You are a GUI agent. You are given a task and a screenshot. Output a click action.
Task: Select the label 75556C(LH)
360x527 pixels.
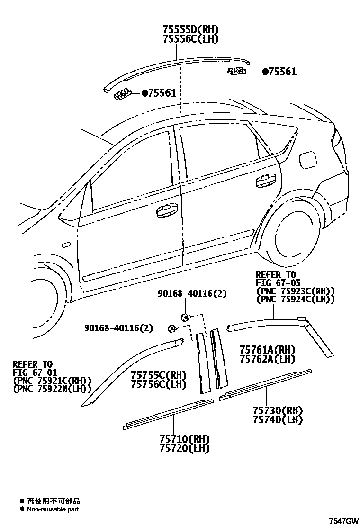pos(191,39)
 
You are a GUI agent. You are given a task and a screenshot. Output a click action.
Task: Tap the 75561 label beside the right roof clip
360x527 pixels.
pos(282,72)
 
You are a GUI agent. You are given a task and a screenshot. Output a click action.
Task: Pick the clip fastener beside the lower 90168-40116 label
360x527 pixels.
pos(173,328)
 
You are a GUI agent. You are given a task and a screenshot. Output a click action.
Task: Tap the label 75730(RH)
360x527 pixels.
pos(278,410)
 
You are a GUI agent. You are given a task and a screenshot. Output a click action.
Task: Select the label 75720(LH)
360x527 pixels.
pos(185,448)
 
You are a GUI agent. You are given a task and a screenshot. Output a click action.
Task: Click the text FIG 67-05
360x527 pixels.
pos(276,283)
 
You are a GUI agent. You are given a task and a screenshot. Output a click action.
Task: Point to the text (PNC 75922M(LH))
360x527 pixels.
pos(52,390)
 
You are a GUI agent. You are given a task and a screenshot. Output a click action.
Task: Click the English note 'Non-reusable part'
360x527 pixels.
pos(53,509)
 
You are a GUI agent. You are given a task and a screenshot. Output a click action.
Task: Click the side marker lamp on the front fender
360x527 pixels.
pos(66,245)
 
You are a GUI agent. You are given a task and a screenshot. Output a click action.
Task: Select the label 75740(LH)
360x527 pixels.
pos(278,419)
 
